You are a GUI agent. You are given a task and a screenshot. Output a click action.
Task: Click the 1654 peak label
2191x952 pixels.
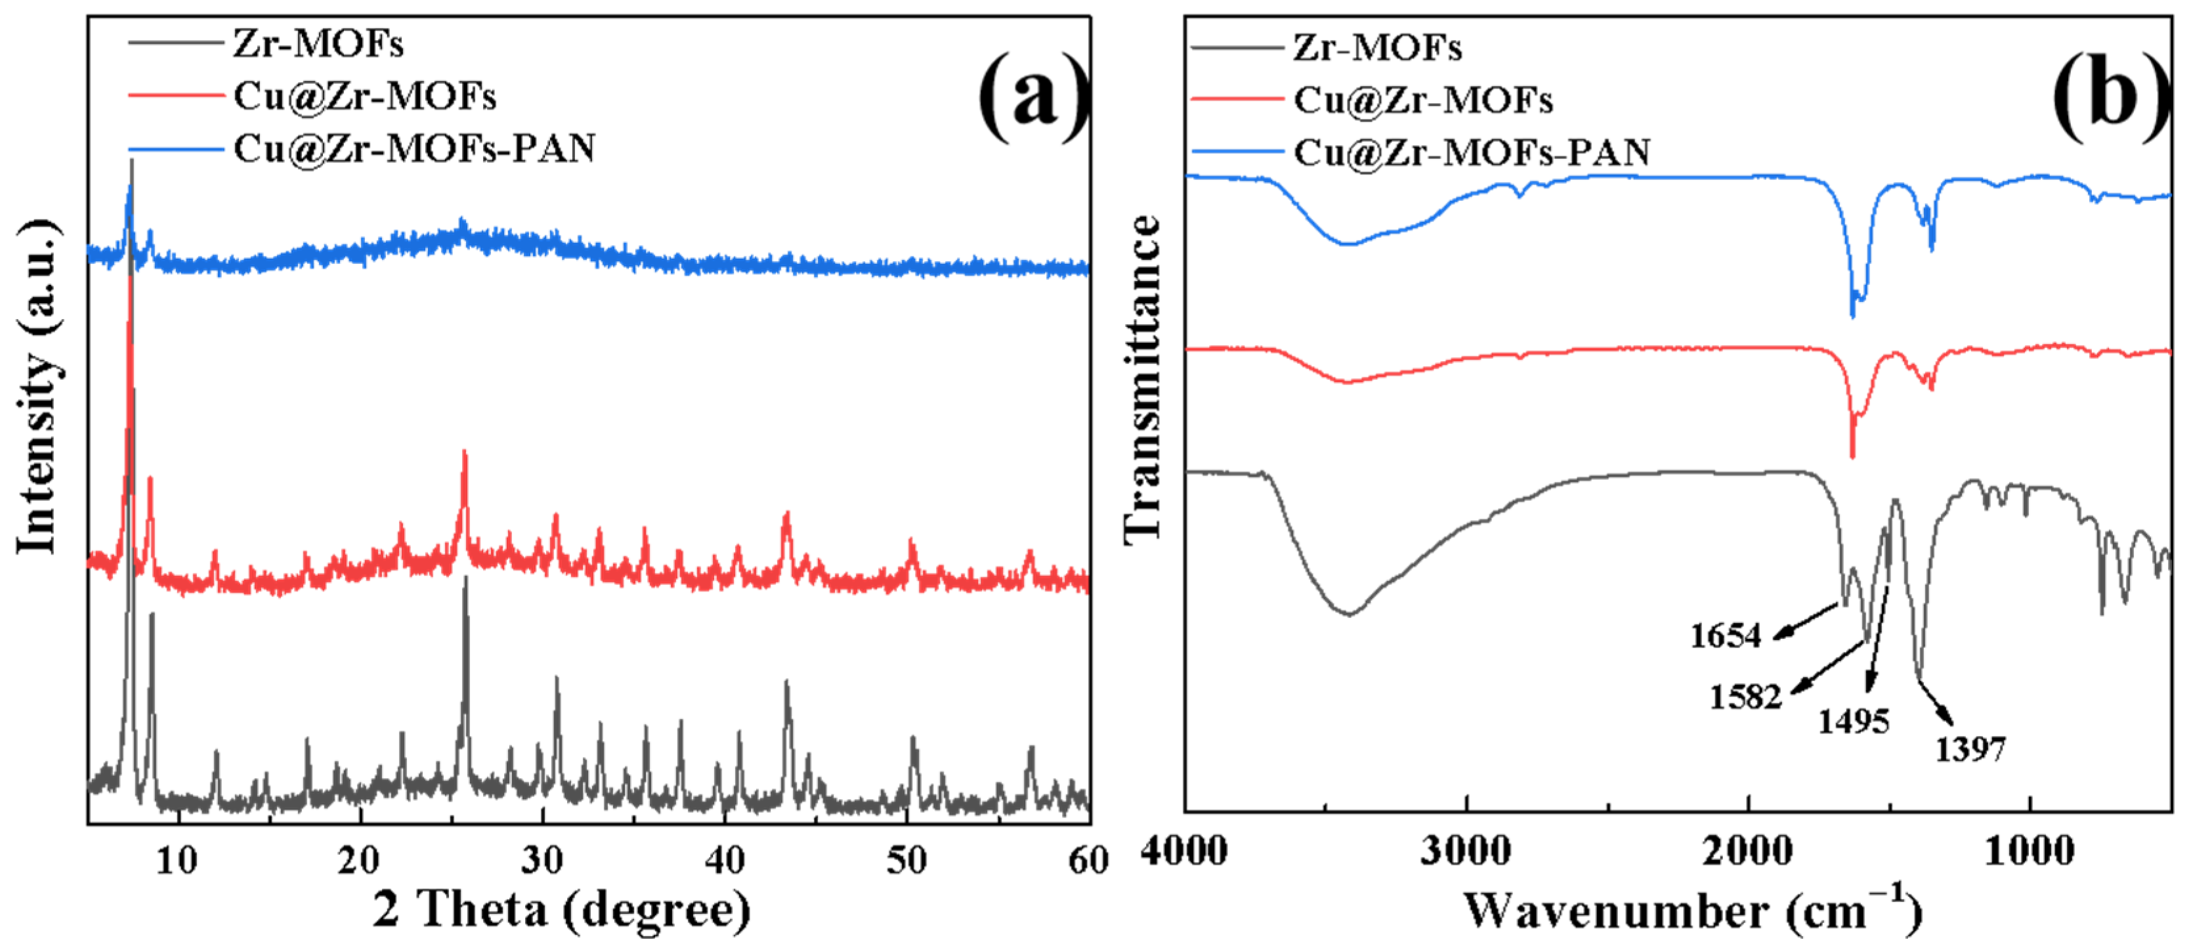click(x=1725, y=636)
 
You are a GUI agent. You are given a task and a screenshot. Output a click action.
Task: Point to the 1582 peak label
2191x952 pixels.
click(x=1745, y=697)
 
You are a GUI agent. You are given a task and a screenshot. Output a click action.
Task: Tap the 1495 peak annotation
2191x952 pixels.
click(x=1854, y=722)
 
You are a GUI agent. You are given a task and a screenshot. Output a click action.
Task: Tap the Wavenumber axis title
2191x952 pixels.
click(x=1693, y=909)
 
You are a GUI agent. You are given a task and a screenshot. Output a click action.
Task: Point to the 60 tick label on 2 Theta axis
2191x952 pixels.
click(x=1089, y=861)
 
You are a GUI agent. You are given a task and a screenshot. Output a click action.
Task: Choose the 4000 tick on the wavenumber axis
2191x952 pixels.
click(x=1184, y=851)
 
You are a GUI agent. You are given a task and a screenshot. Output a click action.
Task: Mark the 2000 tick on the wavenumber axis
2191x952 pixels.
click(x=1749, y=851)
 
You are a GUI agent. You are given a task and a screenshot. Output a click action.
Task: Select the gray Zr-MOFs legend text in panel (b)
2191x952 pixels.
click(x=1378, y=48)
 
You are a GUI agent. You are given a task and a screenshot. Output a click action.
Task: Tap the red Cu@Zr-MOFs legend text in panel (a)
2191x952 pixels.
click(x=365, y=96)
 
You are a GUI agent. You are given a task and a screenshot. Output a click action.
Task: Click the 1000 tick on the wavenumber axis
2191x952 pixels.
click(x=2030, y=851)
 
